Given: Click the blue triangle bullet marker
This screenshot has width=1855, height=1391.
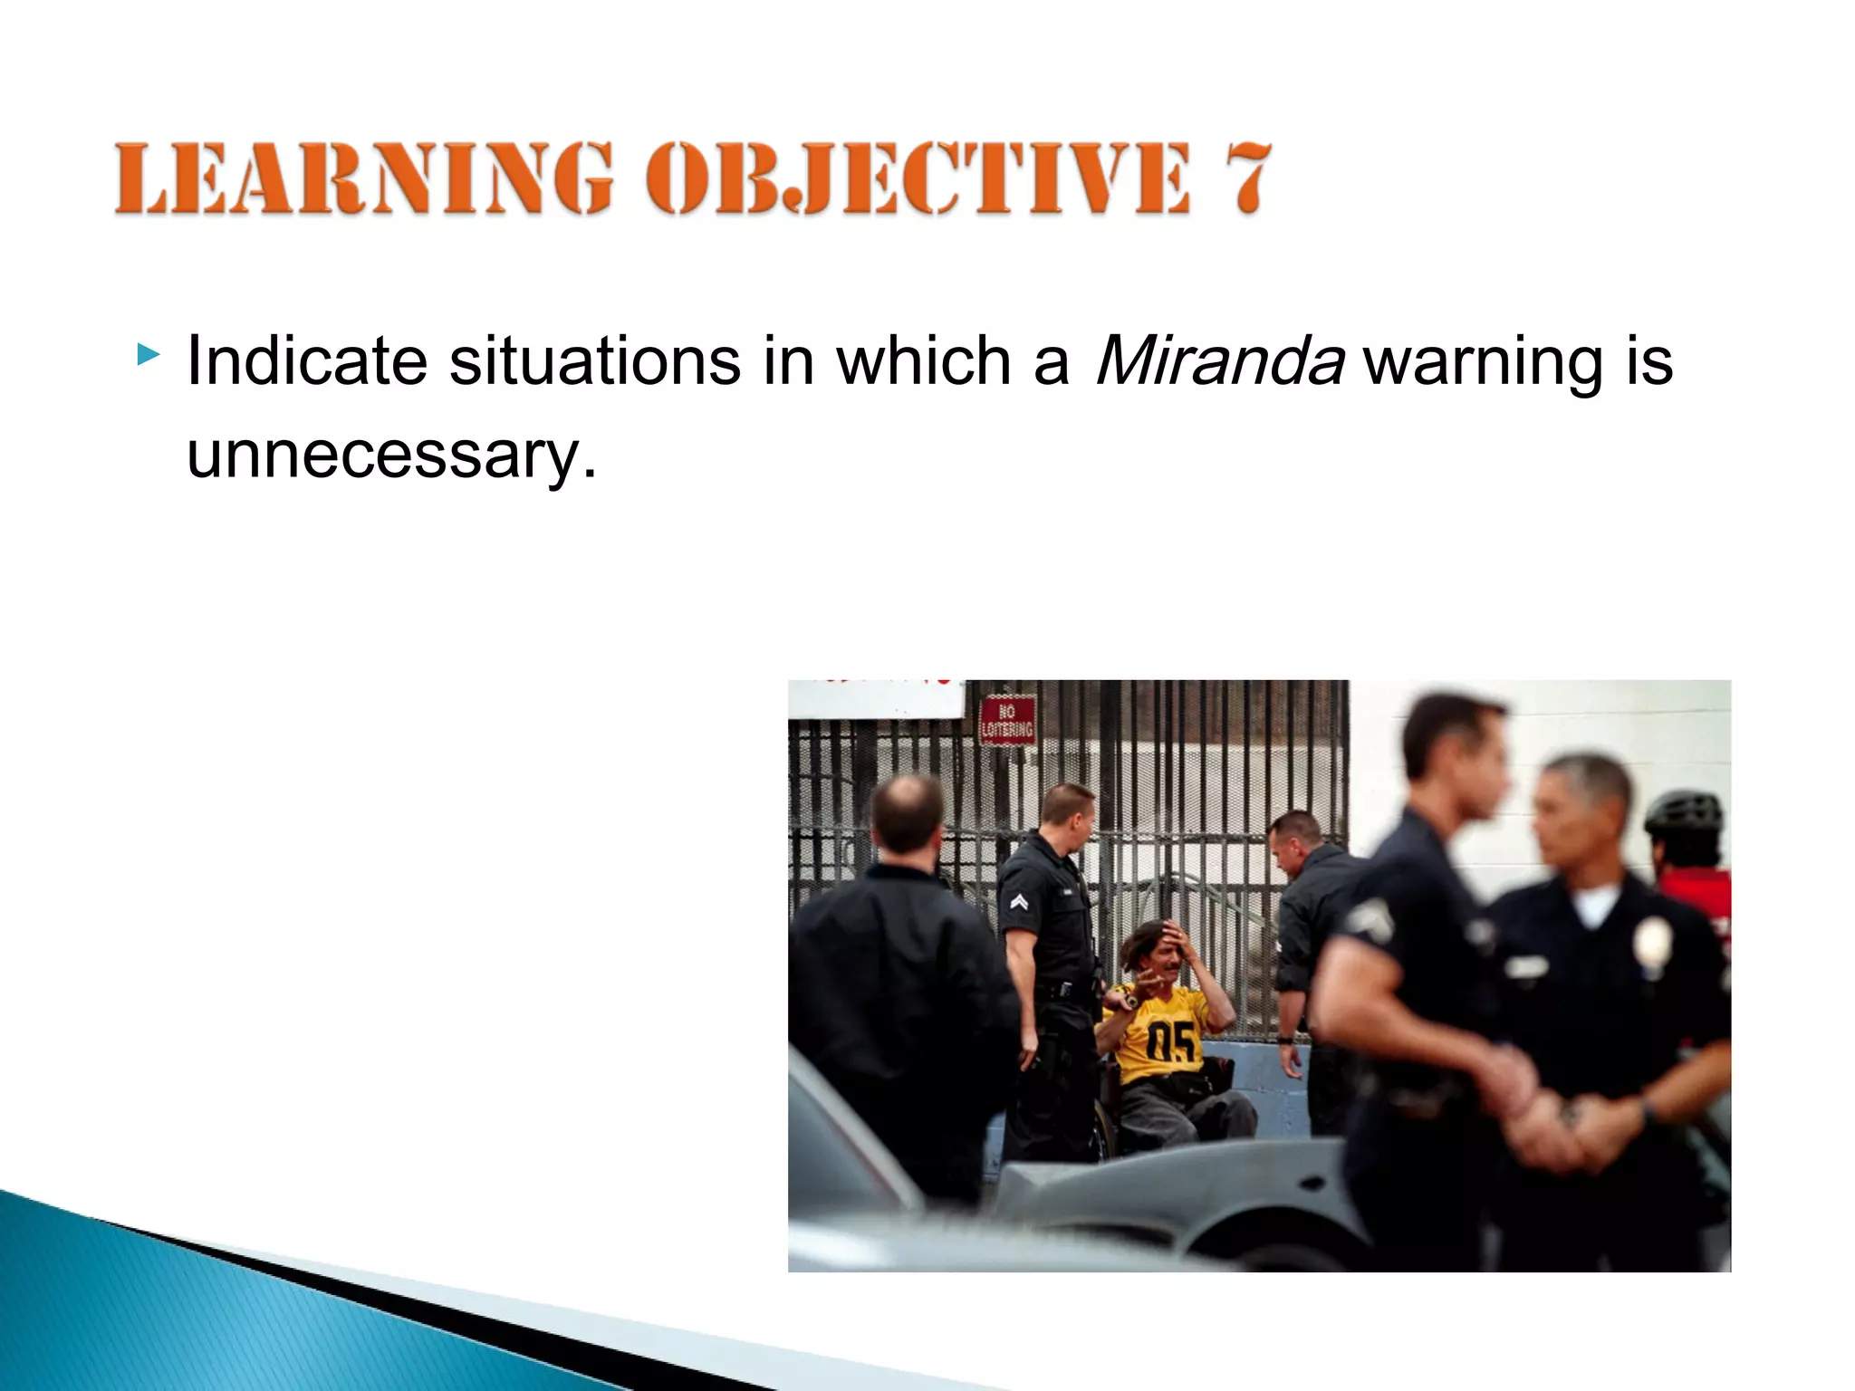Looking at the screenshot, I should (148, 354).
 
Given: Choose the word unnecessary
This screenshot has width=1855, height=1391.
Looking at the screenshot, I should (391, 455).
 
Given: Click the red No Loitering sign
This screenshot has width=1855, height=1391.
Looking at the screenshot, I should (1007, 721).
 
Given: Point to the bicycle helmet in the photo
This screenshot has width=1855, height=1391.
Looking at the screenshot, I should (1684, 814).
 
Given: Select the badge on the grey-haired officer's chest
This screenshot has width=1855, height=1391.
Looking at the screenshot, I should (1650, 942).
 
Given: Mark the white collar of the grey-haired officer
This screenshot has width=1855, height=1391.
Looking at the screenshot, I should (1595, 902).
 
